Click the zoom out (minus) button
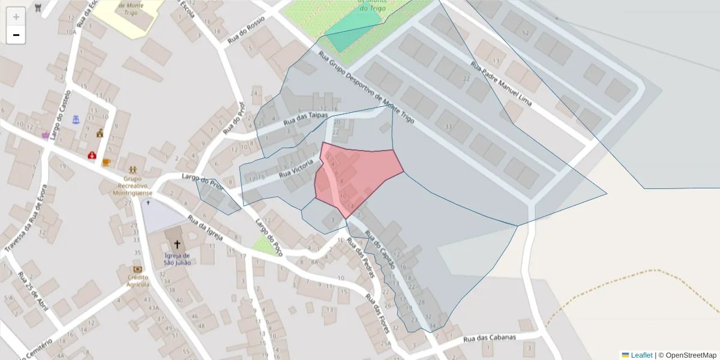point(16,35)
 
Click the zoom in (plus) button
point(16,17)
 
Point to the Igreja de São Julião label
point(177,259)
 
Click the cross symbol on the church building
point(177,244)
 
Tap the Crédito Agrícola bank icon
point(138,269)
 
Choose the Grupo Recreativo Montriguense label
point(133,185)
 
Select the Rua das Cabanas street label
point(490,338)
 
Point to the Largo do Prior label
point(202,182)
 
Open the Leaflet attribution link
point(641,355)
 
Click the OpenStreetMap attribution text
point(691,355)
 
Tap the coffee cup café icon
point(106,162)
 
